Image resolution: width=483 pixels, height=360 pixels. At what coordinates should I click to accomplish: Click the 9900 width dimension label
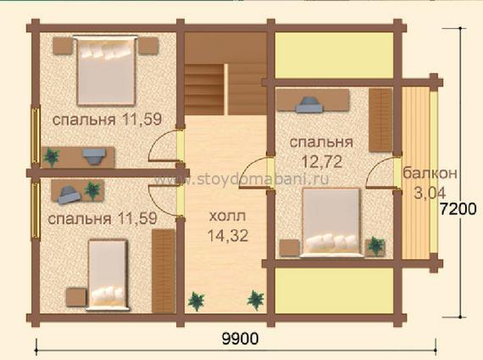[x=241, y=339]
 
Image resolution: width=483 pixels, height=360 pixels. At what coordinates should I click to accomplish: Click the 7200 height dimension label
[x=458, y=209]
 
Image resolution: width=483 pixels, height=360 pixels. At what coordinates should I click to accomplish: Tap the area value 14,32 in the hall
[x=228, y=235]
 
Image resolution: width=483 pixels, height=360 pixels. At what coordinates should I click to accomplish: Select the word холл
[x=227, y=216]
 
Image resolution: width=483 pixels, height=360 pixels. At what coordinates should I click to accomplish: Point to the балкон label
[x=430, y=173]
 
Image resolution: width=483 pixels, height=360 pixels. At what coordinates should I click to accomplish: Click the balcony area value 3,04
[x=430, y=193]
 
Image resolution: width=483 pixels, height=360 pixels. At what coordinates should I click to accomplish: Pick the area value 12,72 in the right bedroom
[x=322, y=162]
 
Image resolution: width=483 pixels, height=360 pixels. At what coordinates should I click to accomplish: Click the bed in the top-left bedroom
[x=106, y=70]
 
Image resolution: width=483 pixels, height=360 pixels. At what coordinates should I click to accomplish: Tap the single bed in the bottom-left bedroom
[x=108, y=274]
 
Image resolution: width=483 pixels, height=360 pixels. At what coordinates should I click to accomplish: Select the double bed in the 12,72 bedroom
[x=331, y=222]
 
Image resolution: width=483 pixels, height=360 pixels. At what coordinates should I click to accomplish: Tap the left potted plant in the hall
[x=197, y=301]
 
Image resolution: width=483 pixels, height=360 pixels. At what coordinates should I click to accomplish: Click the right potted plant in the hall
[x=256, y=300]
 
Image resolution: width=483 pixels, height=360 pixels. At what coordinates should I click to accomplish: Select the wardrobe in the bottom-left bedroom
[x=164, y=271]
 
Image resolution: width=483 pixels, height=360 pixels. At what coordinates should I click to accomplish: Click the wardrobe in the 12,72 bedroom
[x=380, y=120]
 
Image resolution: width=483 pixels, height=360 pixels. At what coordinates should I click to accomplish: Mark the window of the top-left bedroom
[x=36, y=136]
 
